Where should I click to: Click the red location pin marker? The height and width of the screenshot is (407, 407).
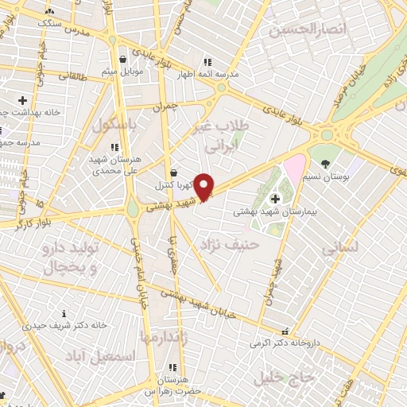204,186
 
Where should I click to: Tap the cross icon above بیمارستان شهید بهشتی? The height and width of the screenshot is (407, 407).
275,199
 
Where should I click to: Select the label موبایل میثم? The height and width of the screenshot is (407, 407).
122,72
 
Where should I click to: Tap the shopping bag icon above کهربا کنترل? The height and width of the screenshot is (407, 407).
174,172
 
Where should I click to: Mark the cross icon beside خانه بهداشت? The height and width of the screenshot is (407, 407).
21,100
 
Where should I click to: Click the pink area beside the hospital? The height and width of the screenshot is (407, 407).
295,169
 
